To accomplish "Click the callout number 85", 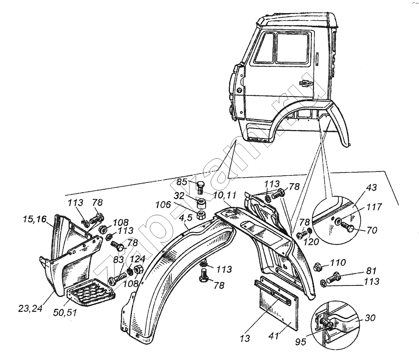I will pyautogui.click(x=182, y=182).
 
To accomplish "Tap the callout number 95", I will pyautogui.click(x=300, y=342).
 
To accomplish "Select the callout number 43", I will pyautogui.click(x=372, y=188).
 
